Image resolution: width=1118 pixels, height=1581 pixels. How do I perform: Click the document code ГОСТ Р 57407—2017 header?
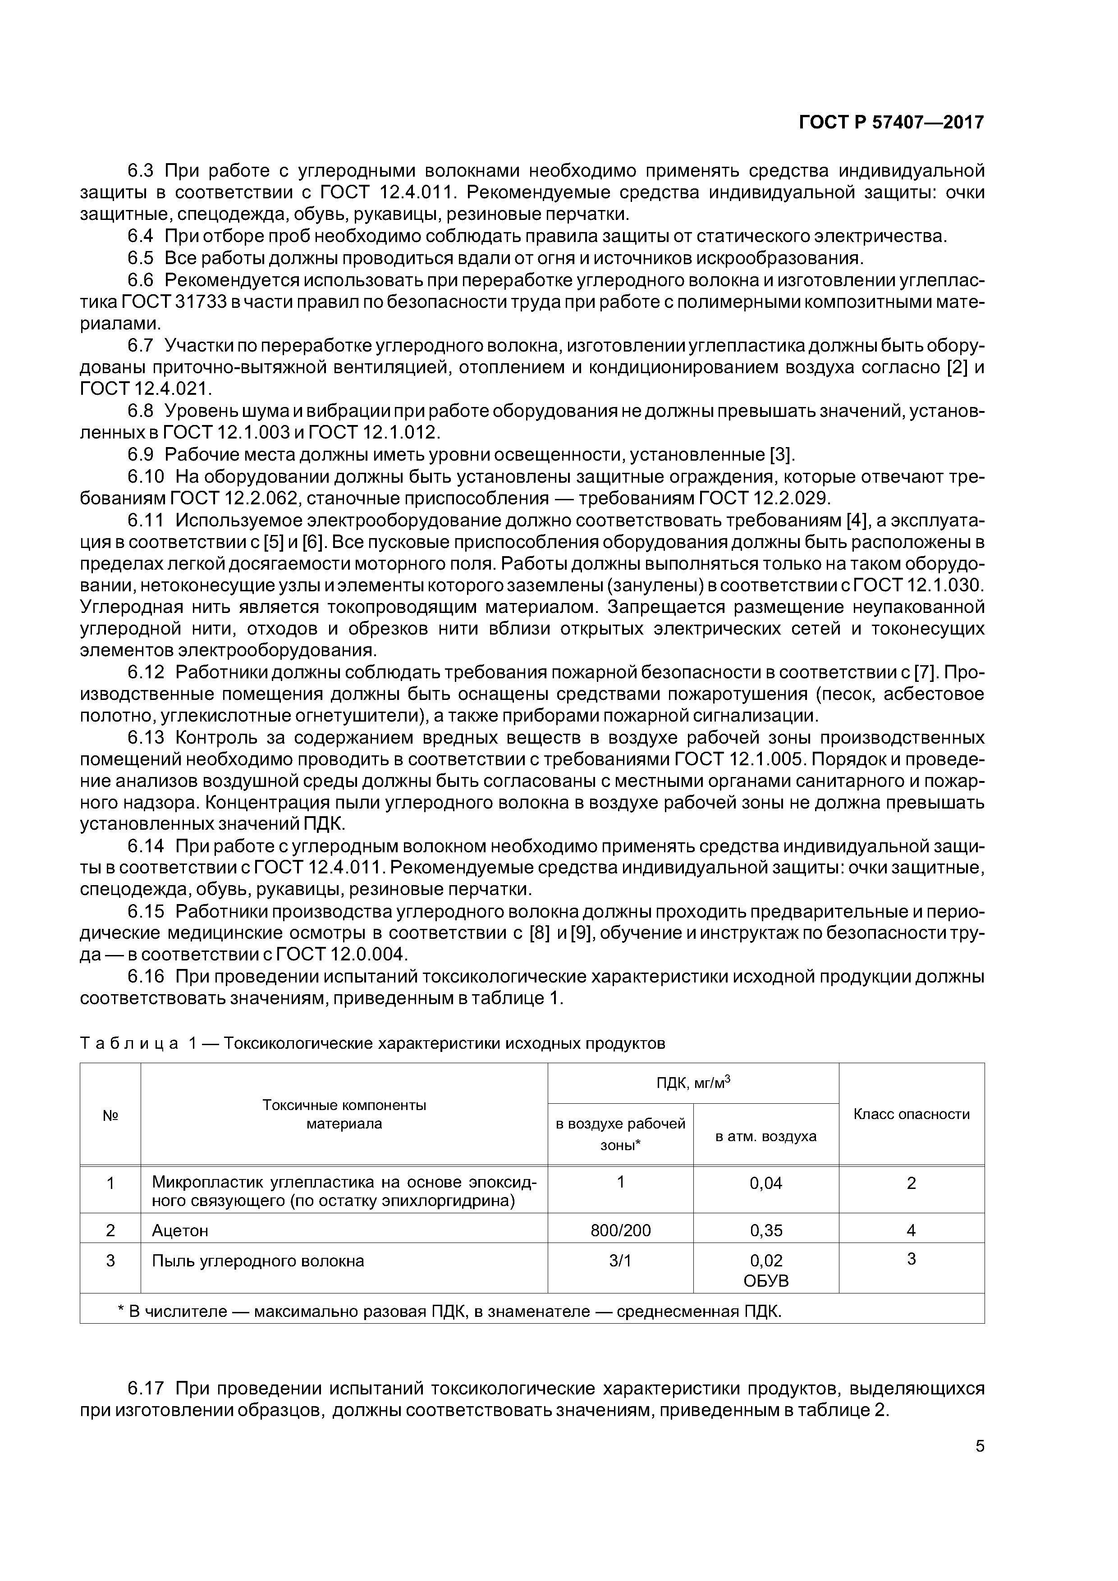pyautogui.click(x=891, y=123)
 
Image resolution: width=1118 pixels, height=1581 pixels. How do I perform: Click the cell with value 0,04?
pyautogui.click(x=765, y=1183)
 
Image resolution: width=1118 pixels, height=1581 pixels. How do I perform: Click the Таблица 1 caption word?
pyautogui.click(x=129, y=1043)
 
